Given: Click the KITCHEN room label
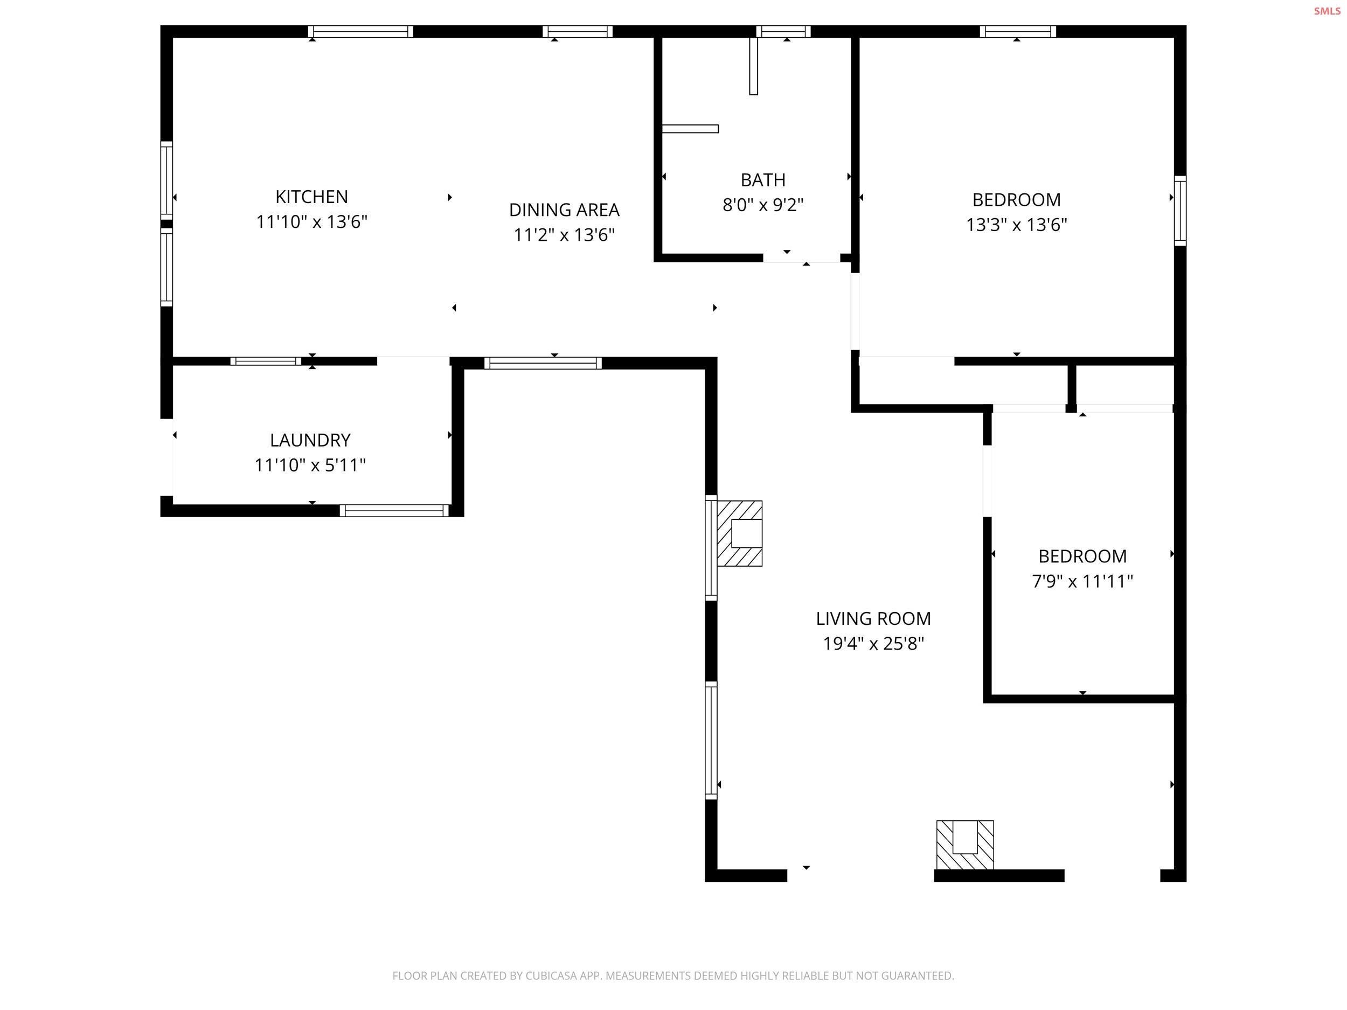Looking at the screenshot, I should point(311,197).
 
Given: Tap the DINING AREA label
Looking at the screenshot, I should point(564,210).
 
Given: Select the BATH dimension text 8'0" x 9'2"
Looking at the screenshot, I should point(762,205).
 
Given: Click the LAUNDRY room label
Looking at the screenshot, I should point(310,440).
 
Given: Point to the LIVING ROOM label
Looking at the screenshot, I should point(873,618).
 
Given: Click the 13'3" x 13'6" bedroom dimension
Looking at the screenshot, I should point(1016,225).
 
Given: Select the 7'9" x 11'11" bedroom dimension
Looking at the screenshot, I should point(1081,581).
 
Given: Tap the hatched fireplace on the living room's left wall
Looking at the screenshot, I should point(739,533).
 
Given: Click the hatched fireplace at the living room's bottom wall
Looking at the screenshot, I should point(964,845).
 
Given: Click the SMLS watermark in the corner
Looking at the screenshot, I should point(1327,11).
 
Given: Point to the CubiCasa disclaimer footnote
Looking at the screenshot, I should point(672,976).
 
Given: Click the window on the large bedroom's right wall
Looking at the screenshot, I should point(1179,211).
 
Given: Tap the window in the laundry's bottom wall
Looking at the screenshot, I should point(394,511).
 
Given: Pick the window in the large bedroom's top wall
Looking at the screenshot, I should point(1018,32).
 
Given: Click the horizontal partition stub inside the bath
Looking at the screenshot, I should point(690,128).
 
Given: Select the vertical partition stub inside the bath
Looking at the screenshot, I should point(753,66).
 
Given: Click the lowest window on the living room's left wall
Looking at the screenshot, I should point(711,740).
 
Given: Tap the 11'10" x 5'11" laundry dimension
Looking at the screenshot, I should point(310,465).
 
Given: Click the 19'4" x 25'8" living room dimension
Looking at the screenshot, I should point(873,644).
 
